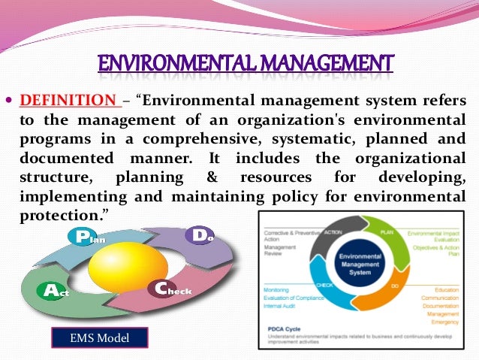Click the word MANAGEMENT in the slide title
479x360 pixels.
tap(316, 65)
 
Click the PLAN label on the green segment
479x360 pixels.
tap(387, 233)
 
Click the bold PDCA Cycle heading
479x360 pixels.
tap(282, 328)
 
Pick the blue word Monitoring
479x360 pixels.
tap(277, 289)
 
